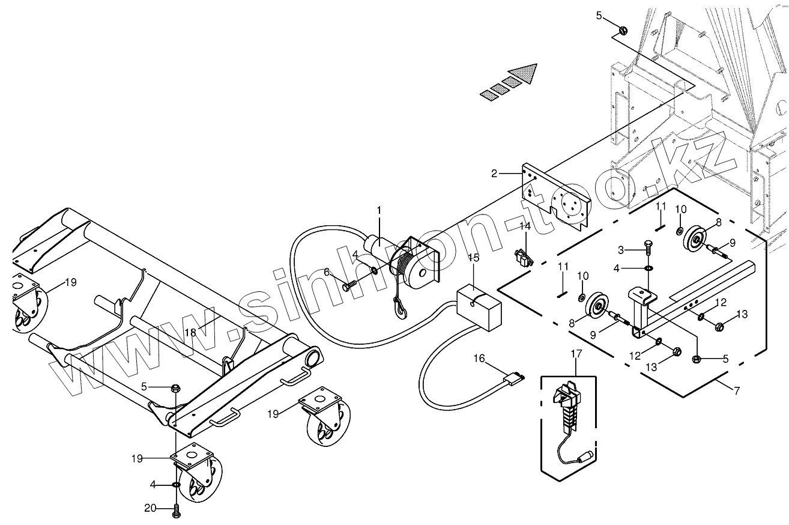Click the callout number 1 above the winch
click(x=379, y=210)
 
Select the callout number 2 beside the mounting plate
click(x=494, y=174)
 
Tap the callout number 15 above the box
click(x=474, y=258)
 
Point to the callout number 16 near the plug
click(x=479, y=359)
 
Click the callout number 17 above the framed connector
click(x=576, y=353)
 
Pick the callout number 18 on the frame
click(x=190, y=332)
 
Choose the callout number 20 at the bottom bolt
click(x=150, y=508)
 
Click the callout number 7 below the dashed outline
click(x=737, y=390)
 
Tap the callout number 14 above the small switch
click(x=525, y=226)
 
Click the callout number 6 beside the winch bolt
click(x=327, y=272)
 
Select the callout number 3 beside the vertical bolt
click(x=621, y=250)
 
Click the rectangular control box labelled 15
click(x=479, y=307)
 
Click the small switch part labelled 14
click(x=524, y=257)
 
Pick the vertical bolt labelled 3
click(x=648, y=247)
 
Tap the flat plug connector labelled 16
click(x=513, y=379)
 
